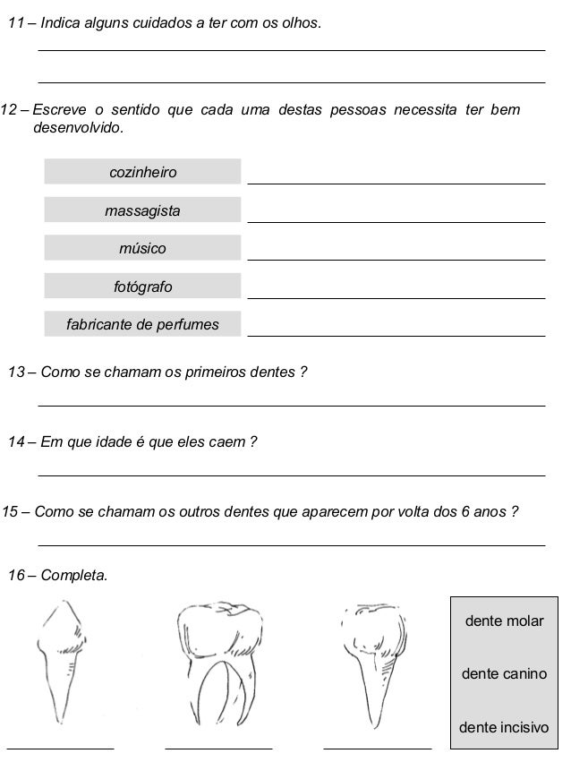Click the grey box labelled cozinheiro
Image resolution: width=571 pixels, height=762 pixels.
(142, 172)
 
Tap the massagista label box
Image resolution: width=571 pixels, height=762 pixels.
(142, 210)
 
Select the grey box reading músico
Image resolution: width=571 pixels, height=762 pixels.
(142, 248)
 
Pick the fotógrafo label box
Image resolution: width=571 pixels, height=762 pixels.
(142, 287)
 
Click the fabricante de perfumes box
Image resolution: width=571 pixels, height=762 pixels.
(142, 324)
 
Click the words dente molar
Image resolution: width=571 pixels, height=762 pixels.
(504, 621)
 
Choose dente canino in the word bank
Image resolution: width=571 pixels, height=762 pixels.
(504, 673)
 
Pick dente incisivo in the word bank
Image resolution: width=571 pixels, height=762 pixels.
(504, 727)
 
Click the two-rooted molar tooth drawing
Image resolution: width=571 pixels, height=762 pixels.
(219, 663)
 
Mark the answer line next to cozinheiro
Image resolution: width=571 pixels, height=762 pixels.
(396, 183)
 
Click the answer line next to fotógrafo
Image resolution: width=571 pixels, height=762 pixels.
(396, 297)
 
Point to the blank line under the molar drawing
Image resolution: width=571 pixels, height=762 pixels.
(218, 746)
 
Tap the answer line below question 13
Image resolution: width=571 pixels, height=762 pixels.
(292, 406)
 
